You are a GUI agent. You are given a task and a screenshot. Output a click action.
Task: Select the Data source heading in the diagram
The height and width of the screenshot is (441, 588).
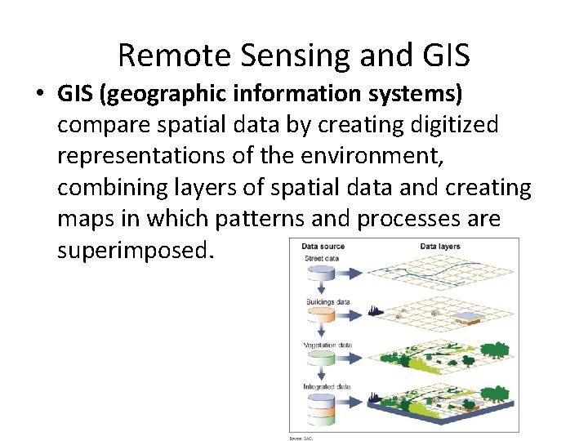(323, 247)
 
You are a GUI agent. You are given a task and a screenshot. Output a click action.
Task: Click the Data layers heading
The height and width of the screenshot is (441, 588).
(440, 247)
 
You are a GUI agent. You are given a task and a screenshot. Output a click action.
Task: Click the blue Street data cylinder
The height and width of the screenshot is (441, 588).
(326, 274)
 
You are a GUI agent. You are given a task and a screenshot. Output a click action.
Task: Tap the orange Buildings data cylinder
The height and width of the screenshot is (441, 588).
(326, 316)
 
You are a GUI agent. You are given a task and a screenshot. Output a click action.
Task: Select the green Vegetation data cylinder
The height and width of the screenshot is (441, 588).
(326, 359)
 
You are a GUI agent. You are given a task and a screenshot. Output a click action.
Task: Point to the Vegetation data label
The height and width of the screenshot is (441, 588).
(327, 345)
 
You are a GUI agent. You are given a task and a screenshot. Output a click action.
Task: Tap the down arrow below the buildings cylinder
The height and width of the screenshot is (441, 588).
(326, 334)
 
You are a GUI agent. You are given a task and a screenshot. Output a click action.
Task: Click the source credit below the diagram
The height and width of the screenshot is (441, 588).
(301, 438)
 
